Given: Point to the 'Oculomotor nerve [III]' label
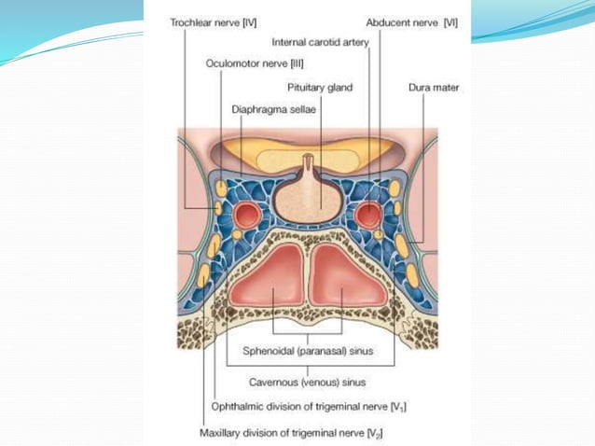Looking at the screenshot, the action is pyautogui.click(x=243, y=64).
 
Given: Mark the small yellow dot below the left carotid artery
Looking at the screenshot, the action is pyautogui.click(x=238, y=234).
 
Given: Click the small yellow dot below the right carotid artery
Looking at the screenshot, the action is pyautogui.click(x=379, y=235).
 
